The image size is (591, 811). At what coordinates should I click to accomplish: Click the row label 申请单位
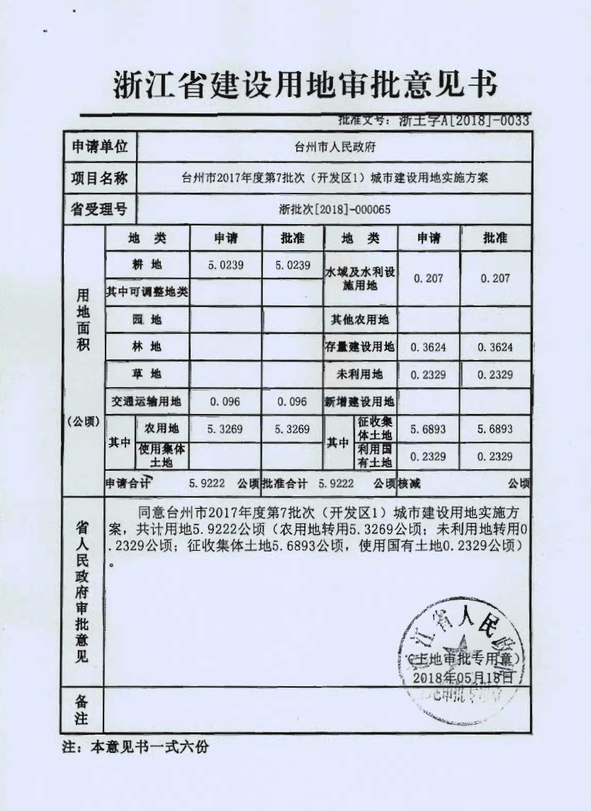[x=100, y=147]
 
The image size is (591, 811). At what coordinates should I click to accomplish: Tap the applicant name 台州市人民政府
[x=334, y=147]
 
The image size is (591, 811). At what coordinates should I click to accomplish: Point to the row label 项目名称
[x=100, y=179]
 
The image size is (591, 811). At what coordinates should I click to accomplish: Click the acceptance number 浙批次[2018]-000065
[x=334, y=209]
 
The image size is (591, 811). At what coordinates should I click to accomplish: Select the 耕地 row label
[x=147, y=265]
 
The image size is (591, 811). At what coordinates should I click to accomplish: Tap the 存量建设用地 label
[x=359, y=347]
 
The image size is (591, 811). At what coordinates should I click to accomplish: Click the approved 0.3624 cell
[x=495, y=347]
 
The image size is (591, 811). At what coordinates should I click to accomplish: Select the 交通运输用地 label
[x=147, y=401]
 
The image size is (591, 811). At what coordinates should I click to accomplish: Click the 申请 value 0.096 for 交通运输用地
[x=225, y=401]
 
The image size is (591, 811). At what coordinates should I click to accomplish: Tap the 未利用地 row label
[x=359, y=374]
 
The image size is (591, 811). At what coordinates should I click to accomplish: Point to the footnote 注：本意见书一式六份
[x=135, y=748]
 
